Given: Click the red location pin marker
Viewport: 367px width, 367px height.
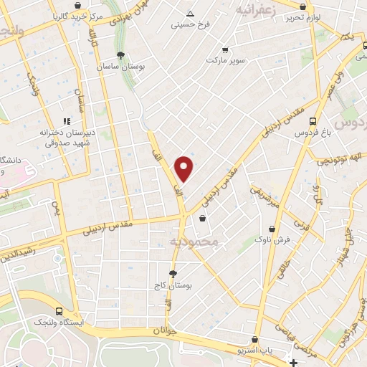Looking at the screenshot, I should click(x=184, y=168).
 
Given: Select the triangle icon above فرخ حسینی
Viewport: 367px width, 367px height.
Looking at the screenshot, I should click(x=190, y=14).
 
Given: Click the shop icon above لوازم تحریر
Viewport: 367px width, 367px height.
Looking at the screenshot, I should click(x=303, y=6).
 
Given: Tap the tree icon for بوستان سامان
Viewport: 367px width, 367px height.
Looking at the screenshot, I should click(x=120, y=55).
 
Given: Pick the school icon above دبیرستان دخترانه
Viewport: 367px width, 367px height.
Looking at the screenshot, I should click(x=67, y=122).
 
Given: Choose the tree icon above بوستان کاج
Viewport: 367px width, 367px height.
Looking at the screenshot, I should click(x=173, y=274).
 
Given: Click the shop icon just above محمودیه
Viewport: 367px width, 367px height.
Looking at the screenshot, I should click(x=203, y=219).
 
